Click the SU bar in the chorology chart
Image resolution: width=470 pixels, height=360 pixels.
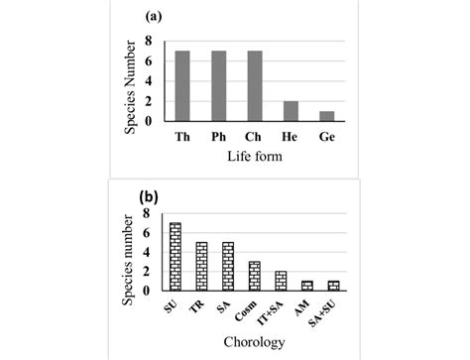176,257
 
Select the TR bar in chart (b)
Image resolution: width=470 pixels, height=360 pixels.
201,267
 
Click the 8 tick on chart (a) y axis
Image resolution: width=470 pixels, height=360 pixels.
148,41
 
